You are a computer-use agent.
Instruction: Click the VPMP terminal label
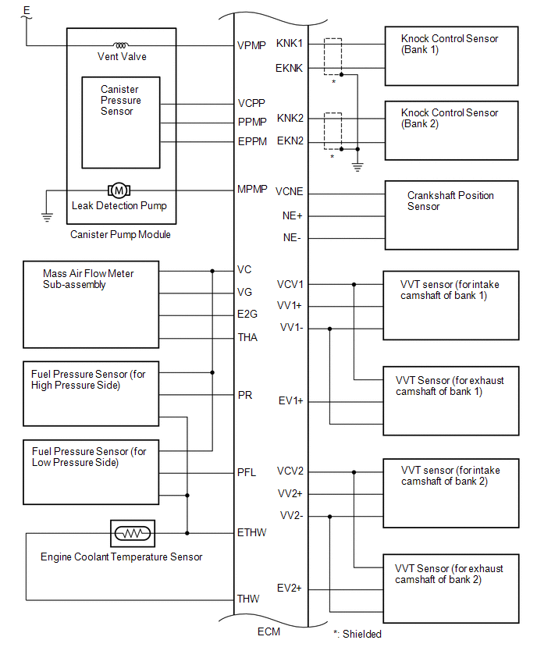pos(250,45)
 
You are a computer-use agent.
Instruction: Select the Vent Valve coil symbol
pos(122,45)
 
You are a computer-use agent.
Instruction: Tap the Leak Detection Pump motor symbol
pos(119,190)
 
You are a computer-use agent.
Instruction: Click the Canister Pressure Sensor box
pos(121,122)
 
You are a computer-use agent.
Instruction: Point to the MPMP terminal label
pos(251,190)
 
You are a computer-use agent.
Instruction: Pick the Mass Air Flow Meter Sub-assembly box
pos(91,304)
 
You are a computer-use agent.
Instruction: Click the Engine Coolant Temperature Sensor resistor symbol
pos(133,533)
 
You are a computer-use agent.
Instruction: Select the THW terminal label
pos(247,599)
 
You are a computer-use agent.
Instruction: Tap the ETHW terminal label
pos(251,533)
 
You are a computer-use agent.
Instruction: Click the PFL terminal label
pos(247,472)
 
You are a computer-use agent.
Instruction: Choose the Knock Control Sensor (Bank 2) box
pos(451,128)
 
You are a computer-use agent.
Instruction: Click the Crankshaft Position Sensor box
pos(451,215)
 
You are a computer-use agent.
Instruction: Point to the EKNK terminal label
pos(289,68)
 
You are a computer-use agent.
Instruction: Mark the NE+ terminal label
pos(292,215)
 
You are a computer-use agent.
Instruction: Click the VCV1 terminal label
pos(290,284)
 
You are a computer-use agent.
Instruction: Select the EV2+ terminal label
pos(290,588)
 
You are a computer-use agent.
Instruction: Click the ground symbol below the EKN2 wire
pos(357,165)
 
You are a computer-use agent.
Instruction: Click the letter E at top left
pos(27,11)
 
